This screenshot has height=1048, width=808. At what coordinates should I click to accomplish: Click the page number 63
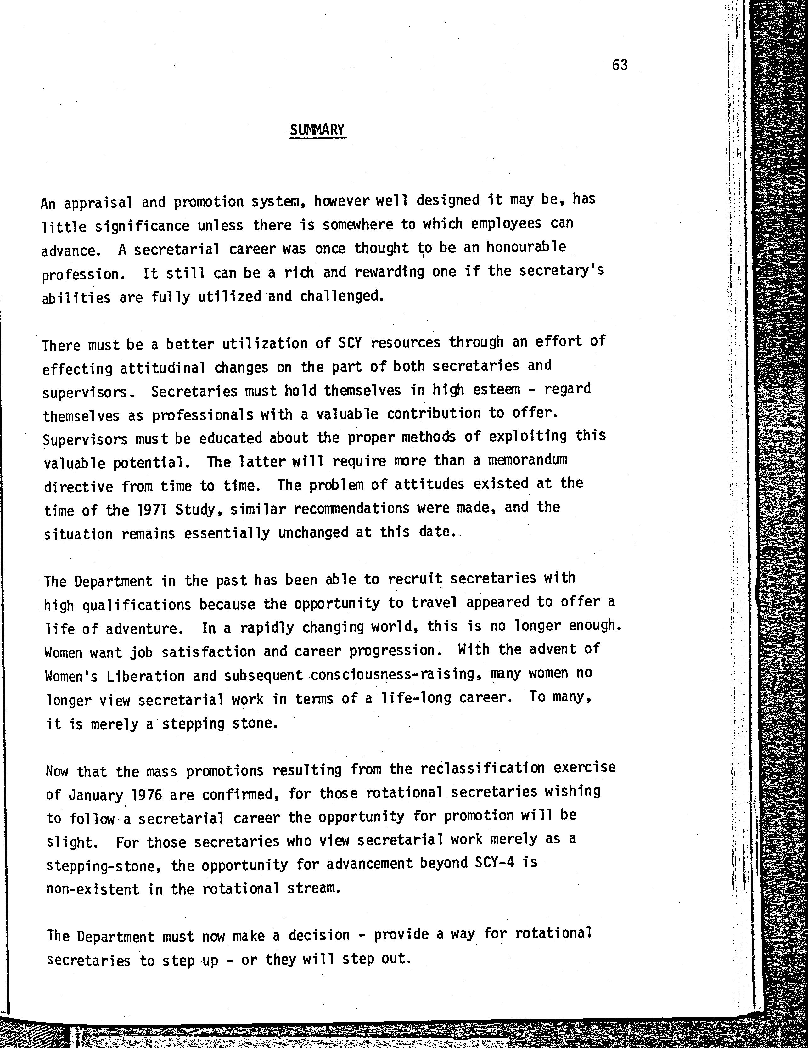coord(620,65)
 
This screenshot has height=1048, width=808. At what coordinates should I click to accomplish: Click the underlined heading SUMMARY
coord(317,130)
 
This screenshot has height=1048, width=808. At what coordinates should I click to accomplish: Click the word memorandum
coord(528,460)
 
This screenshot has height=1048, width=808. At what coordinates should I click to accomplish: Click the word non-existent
coord(93,889)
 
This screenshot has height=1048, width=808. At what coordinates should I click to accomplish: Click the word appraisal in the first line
coord(98,203)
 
